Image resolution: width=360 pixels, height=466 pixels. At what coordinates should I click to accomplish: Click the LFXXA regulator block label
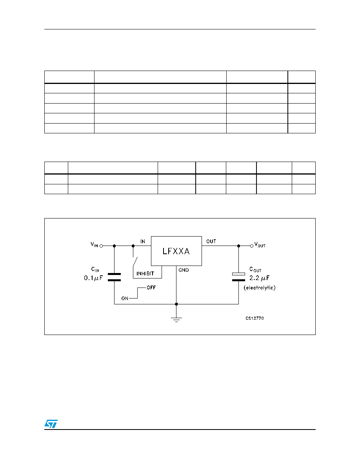[176, 251]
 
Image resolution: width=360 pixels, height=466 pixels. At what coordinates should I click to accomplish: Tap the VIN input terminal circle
[101, 246]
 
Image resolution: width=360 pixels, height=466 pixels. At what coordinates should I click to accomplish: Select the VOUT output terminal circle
[252, 246]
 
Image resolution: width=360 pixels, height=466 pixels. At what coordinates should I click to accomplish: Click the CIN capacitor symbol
[115, 277]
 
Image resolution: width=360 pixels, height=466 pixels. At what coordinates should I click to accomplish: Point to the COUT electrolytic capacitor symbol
[238, 277]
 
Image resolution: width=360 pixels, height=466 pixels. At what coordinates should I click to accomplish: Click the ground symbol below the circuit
[176, 319]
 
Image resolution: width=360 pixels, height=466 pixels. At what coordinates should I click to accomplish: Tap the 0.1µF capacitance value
[93, 278]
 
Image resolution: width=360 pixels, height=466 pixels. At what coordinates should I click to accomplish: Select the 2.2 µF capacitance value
[259, 278]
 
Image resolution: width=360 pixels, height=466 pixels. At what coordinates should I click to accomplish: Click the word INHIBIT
[145, 274]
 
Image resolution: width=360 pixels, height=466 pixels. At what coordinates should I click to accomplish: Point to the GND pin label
[184, 270]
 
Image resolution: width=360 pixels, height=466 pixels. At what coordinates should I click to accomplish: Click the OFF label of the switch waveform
[151, 288]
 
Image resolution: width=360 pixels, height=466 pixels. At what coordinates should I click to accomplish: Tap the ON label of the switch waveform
[125, 299]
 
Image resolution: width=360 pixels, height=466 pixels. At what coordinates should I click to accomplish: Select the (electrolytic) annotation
[260, 288]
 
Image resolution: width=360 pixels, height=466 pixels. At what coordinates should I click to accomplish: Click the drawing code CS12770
[255, 318]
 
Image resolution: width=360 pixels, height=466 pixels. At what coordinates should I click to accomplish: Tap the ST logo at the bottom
[51, 424]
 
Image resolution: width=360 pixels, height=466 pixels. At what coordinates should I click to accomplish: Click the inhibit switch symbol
[135, 262]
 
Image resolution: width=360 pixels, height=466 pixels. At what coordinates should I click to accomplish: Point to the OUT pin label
[211, 241]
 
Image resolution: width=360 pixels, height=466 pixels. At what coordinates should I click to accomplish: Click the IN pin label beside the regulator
[143, 241]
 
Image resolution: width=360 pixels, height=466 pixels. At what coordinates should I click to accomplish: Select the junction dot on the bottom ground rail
[176, 304]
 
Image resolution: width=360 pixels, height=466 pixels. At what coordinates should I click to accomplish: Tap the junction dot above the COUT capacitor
[238, 246]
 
